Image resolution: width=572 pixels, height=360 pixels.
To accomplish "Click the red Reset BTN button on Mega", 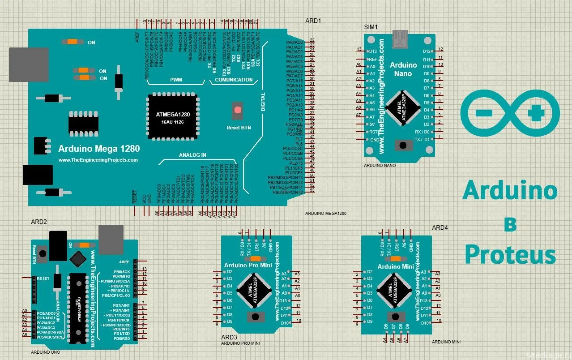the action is (x=237, y=110).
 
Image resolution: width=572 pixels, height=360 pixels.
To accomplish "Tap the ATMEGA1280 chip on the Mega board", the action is (x=173, y=116).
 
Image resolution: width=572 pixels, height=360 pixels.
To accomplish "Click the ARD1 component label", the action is (x=313, y=21).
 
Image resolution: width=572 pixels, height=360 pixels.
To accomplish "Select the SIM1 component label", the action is (x=371, y=27).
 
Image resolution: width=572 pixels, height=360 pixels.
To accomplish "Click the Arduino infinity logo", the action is (x=510, y=113).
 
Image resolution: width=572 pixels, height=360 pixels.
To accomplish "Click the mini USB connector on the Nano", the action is (x=400, y=39).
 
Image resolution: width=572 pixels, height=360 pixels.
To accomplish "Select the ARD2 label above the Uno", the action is (x=39, y=222).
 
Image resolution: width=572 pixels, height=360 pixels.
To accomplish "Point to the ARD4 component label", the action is (x=440, y=227).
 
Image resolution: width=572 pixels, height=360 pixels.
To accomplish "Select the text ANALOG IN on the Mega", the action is (x=192, y=155).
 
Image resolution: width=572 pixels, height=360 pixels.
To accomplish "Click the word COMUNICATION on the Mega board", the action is (x=234, y=80).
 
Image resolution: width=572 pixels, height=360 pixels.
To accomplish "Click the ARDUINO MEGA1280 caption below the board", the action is (x=326, y=214).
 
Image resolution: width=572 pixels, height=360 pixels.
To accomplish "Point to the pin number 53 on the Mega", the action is (x=312, y=191).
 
